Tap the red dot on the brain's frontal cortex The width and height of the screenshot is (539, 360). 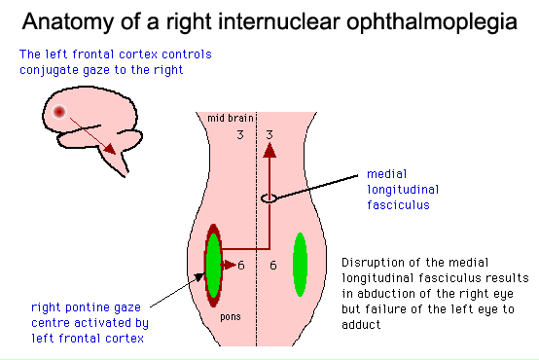60,112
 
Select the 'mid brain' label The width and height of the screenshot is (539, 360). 230,118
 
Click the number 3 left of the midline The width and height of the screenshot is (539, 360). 240,134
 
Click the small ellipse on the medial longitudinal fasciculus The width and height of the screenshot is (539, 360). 270,198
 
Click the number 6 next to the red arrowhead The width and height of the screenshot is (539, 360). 240,265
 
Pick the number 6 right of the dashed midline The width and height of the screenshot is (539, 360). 272,265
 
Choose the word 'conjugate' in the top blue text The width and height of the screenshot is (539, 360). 47,69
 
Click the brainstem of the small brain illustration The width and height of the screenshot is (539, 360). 121,166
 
